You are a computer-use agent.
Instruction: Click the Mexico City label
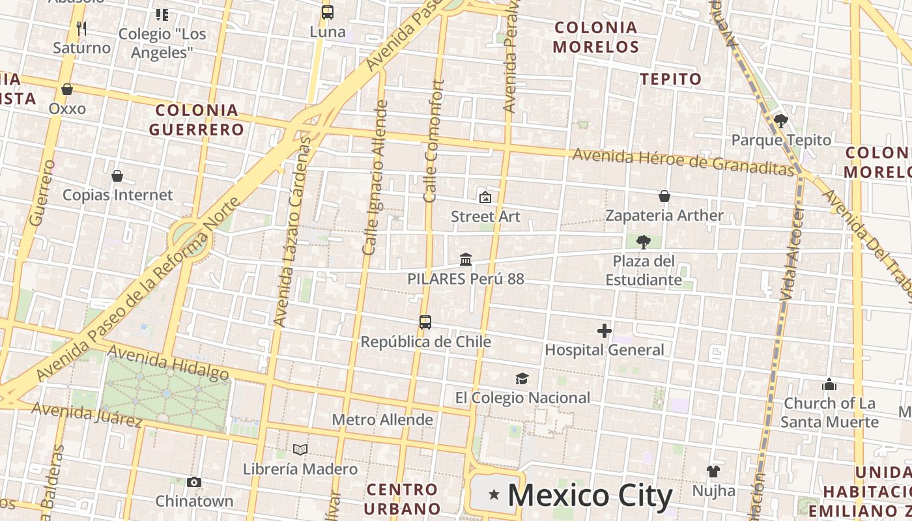pos(590,496)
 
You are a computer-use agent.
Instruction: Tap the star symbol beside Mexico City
pos(494,496)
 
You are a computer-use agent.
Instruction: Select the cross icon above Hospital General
pos(605,331)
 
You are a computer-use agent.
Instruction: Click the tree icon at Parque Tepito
pos(780,121)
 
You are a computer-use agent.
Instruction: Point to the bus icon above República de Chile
pos(425,322)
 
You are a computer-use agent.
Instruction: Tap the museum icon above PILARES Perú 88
pos(466,260)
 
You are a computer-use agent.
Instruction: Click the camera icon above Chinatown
pos(194,483)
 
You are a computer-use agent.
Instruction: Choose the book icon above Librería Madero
pos(300,449)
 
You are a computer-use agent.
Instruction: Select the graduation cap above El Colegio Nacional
pos(522,379)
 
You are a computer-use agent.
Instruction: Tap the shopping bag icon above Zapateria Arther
pos(664,196)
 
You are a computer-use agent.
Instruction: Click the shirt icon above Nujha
pos(713,472)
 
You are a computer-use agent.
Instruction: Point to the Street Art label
pos(485,216)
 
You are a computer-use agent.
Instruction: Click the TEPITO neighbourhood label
pos(671,79)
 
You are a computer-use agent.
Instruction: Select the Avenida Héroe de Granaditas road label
pos(684,161)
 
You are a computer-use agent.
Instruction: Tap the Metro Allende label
pos(382,420)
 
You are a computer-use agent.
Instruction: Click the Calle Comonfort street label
pos(434,141)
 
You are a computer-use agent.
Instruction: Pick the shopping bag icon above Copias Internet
pos(117,176)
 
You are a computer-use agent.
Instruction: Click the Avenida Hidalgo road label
pos(168,362)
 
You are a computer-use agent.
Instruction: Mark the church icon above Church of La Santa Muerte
pos(829,384)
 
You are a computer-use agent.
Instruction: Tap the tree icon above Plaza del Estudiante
pos(644,242)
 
